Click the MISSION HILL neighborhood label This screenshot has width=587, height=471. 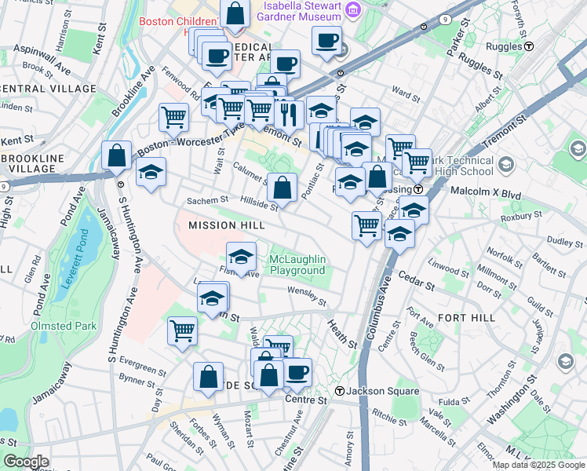click(223, 225)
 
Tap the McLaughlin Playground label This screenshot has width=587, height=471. click(297, 265)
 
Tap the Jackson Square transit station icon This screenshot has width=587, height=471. click(340, 391)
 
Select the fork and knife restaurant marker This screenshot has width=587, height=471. click(290, 115)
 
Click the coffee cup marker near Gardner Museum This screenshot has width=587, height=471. click(326, 40)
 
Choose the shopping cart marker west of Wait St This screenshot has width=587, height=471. click(173, 118)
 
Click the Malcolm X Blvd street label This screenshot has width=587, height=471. click(486, 191)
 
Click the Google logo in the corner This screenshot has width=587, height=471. click(27, 462)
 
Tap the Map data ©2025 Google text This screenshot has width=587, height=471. click(538, 465)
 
